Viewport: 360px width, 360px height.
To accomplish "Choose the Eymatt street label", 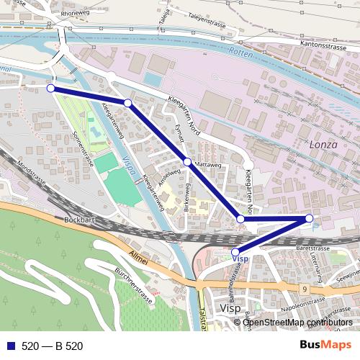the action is click(x=180, y=135).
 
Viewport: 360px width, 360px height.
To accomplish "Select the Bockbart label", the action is click(x=78, y=218).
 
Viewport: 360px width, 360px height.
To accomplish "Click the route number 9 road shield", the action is click(x=305, y=289).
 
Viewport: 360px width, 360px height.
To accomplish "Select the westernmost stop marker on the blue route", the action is click(x=50, y=88).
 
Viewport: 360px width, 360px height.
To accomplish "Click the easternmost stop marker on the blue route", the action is click(x=310, y=218).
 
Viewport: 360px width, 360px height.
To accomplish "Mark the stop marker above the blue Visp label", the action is click(x=235, y=252).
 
